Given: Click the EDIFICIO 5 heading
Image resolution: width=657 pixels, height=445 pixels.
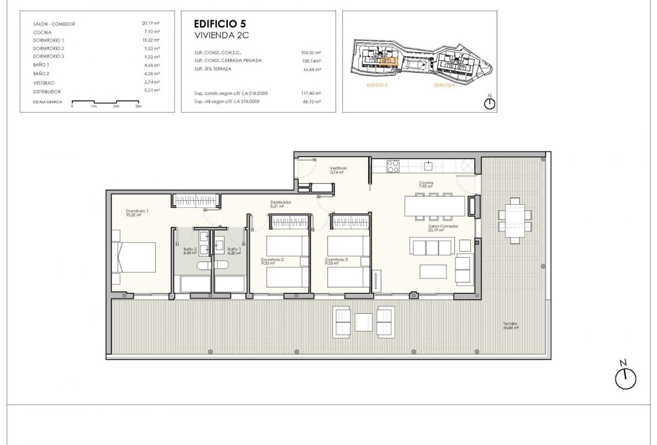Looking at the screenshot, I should tap(219, 24).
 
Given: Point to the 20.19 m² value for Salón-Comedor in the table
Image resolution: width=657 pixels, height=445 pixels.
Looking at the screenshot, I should tap(150, 23).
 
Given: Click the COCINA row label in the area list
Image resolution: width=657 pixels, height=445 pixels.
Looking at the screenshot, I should tap(42, 32).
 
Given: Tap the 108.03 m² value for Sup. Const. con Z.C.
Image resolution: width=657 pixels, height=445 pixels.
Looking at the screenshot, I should tap(311, 52).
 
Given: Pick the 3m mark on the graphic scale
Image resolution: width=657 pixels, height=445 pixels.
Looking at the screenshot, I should tap(138, 106).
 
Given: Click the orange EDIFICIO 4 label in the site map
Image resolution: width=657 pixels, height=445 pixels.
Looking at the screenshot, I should tap(444, 86).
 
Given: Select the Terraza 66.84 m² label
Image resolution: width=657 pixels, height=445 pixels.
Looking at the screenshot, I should tap(511, 325).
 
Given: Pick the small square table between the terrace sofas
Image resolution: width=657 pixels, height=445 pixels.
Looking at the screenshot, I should tap(363, 321).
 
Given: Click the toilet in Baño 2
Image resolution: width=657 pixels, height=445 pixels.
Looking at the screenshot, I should tap(205, 267).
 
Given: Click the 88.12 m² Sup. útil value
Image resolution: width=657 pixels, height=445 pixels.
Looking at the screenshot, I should tap(311, 101).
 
